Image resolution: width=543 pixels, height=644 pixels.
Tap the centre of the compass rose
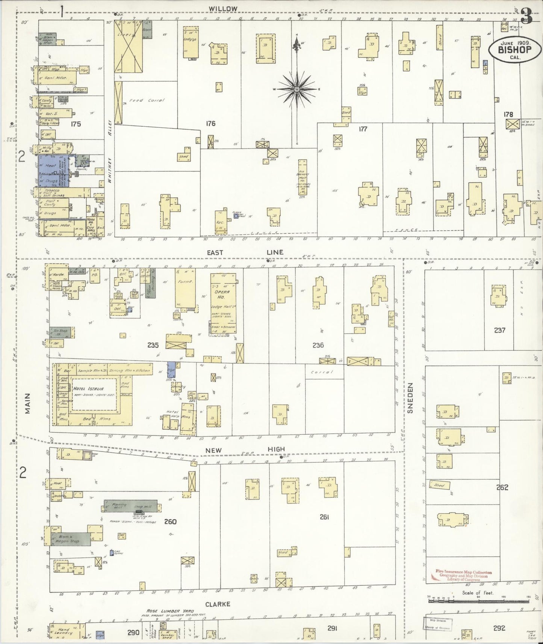point(296,89)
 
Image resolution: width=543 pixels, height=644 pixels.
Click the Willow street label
point(223,8)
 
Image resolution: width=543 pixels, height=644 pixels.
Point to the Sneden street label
point(410,398)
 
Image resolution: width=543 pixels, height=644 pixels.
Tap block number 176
point(210,123)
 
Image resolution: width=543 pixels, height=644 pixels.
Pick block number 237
point(499,330)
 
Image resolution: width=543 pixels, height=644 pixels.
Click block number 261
point(324,517)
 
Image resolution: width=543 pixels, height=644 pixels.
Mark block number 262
point(502,487)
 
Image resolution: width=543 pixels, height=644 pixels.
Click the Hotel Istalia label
point(88,389)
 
